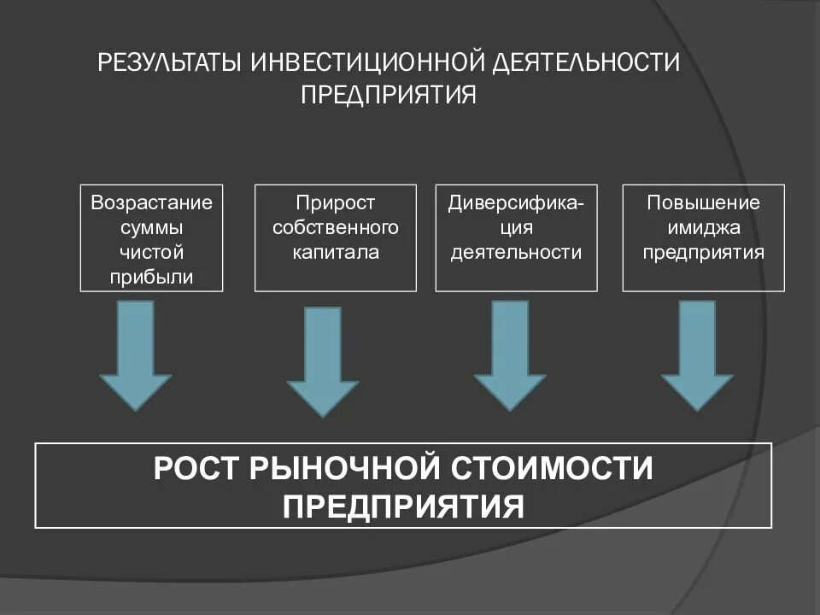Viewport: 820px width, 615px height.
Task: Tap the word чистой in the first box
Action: (151, 253)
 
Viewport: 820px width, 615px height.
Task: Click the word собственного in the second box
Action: (336, 228)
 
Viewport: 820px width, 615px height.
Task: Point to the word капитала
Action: (336, 253)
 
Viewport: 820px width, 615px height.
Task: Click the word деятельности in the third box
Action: (517, 253)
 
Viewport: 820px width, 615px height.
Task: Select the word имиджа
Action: (703, 228)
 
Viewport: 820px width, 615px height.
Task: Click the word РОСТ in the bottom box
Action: (196, 469)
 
